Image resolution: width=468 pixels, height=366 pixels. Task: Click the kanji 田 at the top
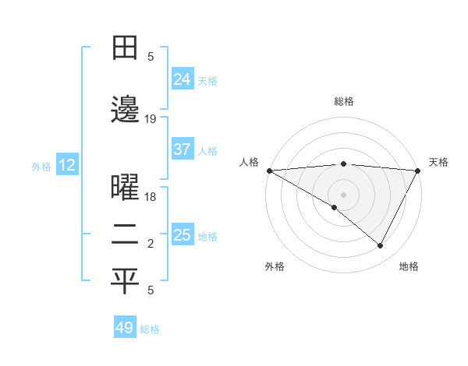[x=125, y=49]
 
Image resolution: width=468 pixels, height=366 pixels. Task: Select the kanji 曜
[x=125, y=189]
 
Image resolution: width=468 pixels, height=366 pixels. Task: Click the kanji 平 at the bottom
[x=125, y=282]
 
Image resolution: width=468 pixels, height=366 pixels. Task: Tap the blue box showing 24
[x=182, y=79]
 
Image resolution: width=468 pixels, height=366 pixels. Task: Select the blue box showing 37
[x=182, y=150]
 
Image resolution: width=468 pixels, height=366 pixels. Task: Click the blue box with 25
[x=182, y=235]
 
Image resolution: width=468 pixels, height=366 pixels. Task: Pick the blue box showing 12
[x=66, y=165]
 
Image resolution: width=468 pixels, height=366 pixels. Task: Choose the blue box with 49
[x=125, y=328]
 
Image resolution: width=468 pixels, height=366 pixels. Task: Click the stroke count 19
[x=151, y=119]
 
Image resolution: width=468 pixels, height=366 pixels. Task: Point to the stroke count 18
[x=151, y=197]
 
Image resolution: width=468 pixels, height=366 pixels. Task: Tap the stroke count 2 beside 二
[x=151, y=245]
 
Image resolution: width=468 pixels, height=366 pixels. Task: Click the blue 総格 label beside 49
[x=150, y=329]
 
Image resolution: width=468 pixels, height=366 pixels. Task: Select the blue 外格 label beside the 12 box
[x=41, y=166]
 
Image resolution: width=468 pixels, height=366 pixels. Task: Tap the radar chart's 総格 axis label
[x=343, y=101]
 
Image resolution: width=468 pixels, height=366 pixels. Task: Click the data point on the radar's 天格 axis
[x=418, y=171]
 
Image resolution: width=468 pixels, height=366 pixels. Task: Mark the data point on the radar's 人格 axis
[x=269, y=171]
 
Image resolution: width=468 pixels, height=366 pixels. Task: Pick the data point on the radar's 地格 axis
[x=381, y=246]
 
